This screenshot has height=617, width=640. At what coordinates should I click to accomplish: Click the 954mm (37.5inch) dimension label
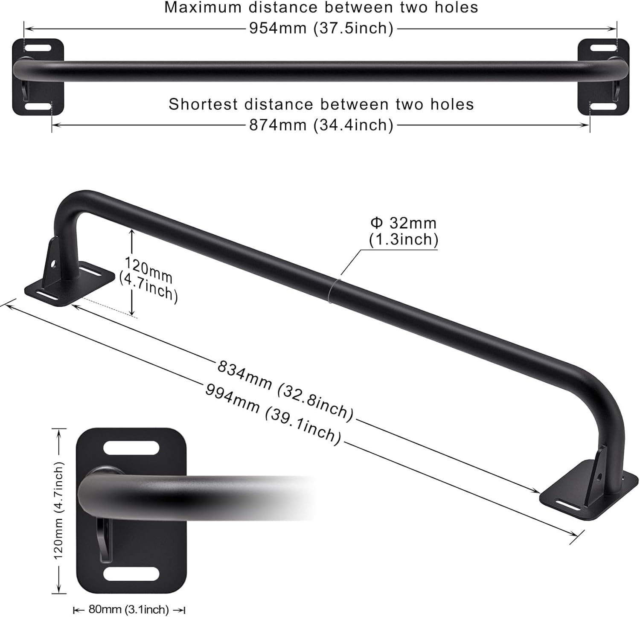(321, 29)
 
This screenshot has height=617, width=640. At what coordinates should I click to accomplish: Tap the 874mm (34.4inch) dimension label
(321, 125)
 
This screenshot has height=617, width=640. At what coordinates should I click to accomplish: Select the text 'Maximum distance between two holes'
(321, 8)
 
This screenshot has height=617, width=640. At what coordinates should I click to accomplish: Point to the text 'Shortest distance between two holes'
(321, 105)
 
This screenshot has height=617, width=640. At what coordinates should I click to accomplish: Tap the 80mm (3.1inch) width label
(129, 609)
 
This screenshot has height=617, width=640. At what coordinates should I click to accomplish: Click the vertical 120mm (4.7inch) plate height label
(58, 510)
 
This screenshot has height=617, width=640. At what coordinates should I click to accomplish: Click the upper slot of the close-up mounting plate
(131, 448)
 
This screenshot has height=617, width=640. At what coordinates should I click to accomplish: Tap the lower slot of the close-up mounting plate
(131, 574)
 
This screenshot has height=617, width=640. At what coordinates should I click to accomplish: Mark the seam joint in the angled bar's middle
(333, 291)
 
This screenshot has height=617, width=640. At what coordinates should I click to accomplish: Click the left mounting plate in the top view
(38, 77)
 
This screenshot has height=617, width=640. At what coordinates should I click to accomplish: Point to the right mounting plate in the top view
(603, 77)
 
